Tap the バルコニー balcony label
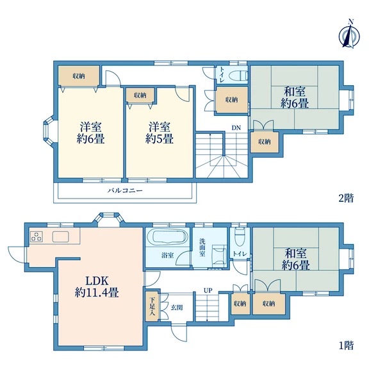125,190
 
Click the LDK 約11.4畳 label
97,286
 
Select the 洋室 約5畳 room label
160,133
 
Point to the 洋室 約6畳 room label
90,133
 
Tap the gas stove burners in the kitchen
37,236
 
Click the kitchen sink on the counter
60,236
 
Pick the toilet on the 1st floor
240,236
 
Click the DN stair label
236,127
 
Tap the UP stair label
208,291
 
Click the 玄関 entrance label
177,307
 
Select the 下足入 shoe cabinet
152,306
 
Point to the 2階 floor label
346,198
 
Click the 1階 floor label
346,345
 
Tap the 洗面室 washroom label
202,247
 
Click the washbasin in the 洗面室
219,254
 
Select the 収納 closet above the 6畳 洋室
79,76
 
